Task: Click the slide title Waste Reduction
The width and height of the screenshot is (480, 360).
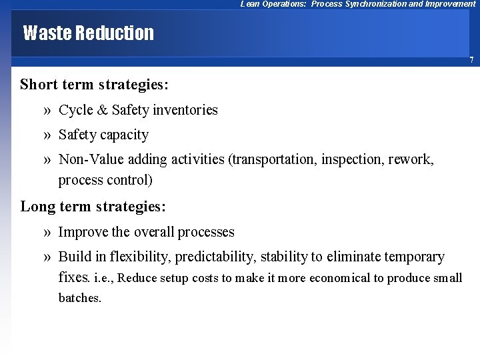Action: (88, 33)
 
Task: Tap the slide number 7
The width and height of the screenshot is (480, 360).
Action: (471, 60)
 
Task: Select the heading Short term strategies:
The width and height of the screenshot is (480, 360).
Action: (94, 85)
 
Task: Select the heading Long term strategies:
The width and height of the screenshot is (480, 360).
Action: (93, 207)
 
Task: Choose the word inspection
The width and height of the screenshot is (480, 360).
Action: (351, 159)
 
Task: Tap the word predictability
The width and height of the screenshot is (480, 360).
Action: (215, 257)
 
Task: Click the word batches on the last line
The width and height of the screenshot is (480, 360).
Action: (80, 298)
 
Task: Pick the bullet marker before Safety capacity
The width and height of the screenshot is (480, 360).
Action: (47, 135)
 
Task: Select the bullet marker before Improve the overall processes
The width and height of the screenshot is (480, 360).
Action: (47, 232)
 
